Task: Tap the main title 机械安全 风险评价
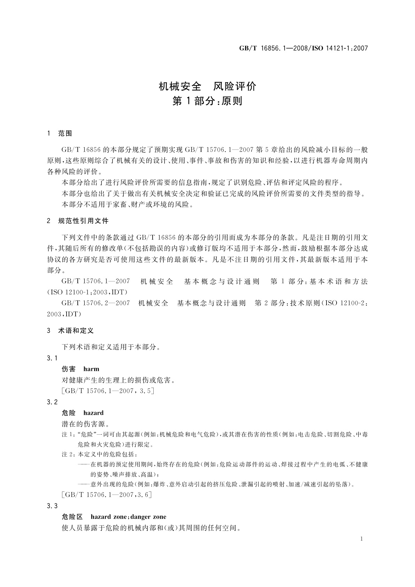coord(207,86)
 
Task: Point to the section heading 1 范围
coord(60,133)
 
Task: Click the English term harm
coord(91,369)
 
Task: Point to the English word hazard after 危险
coord(93,413)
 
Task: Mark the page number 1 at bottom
coord(362,539)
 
